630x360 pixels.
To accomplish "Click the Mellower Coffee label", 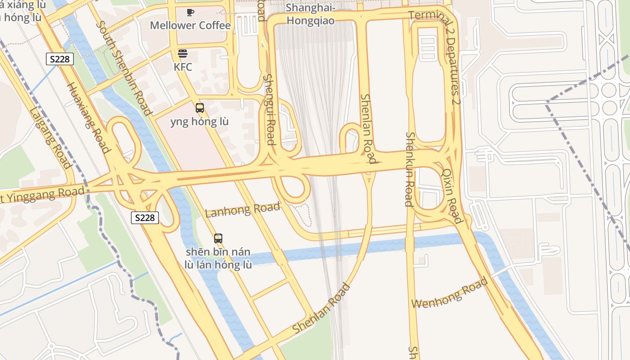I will pos(190,25).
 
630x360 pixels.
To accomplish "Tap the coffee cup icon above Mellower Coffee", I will pos(190,12).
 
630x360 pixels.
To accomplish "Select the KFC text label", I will pos(183,67).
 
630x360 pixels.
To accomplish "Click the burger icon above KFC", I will pos(183,54).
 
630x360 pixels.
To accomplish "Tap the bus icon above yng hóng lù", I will pos(200,108).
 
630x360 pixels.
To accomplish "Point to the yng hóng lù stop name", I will pos(199,121).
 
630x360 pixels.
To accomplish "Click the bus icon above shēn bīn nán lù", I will pos(218,238).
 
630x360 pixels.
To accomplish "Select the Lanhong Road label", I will pos(243,210).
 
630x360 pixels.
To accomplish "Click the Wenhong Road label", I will pos(450,293).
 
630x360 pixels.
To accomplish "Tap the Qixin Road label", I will pos(452,196).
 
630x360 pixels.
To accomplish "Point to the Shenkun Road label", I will pos(409,169).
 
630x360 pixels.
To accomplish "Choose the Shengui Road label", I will pos(269,109).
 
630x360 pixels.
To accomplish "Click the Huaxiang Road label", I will pos(89,118).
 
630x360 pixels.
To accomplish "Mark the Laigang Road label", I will pos(50,138).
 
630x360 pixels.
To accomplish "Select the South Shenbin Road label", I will pos(123,67).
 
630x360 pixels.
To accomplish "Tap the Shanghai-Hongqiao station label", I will pos(310,14).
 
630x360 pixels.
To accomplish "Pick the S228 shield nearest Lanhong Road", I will pos(145,218).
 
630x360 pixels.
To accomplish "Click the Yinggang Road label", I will pos(43,195).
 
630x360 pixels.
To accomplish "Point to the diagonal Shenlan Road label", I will pos(321,308).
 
